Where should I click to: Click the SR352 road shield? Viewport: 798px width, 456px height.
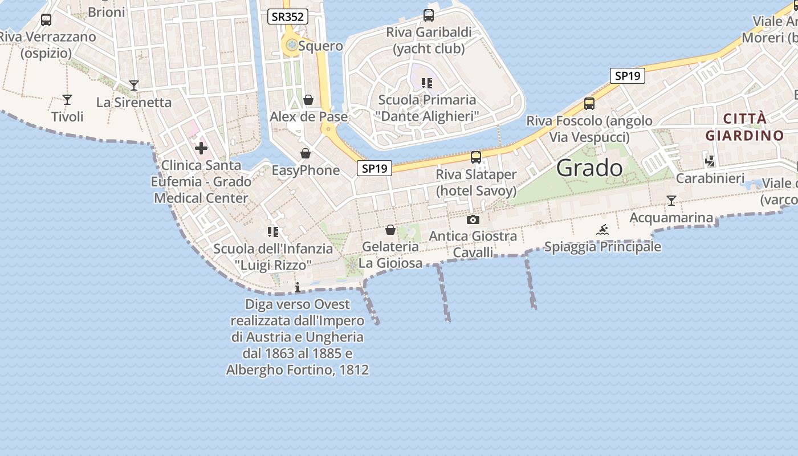pos(288,17)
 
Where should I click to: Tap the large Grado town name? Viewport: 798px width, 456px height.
pos(589,168)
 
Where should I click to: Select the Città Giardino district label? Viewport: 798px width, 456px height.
pos(744,127)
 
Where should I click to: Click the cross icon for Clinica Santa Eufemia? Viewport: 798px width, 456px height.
pos(201,149)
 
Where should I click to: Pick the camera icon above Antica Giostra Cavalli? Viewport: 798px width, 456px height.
pos(473,220)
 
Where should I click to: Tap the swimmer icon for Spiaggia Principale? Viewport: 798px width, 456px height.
pos(602,230)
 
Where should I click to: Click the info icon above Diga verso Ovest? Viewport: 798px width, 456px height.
pos(297,287)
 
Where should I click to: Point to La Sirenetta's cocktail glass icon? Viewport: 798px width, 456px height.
pos(134,86)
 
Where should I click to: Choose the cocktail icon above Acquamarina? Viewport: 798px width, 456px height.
pos(671,201)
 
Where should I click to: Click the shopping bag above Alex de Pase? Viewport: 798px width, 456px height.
pos(308,100)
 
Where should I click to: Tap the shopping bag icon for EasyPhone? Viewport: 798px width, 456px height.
pos(306,154)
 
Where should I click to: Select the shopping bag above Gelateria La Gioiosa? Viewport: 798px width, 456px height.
pos(390,230)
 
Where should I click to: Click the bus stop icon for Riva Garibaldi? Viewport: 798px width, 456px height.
pos(429,15)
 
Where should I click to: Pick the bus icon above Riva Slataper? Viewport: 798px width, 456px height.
pos(476,157)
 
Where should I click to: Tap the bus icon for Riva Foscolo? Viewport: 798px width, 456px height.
pos(589,104)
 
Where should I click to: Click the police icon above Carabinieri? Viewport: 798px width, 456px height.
pos(710,161)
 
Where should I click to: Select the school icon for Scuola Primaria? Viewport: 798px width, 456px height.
pos(427,83)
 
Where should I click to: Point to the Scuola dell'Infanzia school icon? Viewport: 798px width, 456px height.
pos(273,232)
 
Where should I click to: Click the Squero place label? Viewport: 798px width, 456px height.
pos(320,46)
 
